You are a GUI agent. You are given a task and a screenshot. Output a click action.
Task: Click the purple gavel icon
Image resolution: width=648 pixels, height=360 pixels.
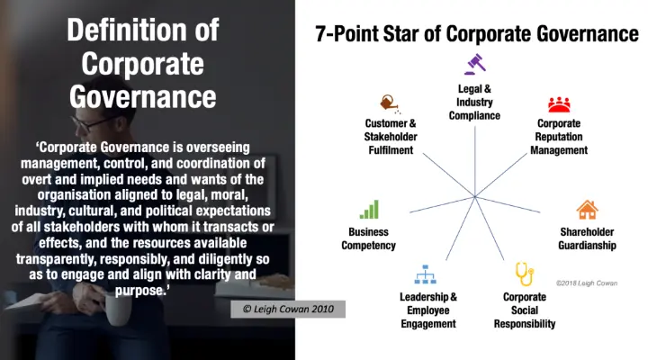tap(475, 64)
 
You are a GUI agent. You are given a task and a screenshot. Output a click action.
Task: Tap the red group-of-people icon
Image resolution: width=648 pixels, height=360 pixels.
tap(559, 104)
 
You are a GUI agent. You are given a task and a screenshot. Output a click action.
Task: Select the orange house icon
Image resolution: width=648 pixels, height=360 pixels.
tap(587, 210)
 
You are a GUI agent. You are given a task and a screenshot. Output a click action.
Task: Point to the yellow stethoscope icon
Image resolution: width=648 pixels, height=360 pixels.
tap(525, 274)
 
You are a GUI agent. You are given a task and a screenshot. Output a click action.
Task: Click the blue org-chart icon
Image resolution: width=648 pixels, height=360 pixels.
tap(425, 274)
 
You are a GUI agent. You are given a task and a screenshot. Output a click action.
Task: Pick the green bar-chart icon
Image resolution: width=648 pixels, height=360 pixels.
tap(369, 209)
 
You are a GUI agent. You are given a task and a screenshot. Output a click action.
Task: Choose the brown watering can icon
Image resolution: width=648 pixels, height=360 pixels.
tap(390, 104)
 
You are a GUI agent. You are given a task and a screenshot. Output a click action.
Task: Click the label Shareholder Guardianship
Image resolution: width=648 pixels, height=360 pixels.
tap(587, 238)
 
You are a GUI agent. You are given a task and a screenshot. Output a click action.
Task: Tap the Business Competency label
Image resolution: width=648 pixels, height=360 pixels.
tap(369, 238)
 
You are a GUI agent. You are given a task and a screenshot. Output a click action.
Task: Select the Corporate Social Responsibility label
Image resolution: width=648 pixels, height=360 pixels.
tap(525, 310)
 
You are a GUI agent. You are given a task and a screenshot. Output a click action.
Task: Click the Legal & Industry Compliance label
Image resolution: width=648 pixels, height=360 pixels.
tap(474, 102)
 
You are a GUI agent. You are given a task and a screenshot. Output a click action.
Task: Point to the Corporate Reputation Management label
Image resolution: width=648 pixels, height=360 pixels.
tap(559, 137)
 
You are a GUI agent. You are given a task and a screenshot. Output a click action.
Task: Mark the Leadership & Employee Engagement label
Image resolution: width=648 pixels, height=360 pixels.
tap(428, 310)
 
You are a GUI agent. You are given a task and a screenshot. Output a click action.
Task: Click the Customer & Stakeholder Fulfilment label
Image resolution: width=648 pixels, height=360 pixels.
tap(391, 137)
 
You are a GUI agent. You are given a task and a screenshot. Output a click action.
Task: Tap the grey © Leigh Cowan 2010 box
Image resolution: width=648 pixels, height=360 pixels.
tap(288, 310)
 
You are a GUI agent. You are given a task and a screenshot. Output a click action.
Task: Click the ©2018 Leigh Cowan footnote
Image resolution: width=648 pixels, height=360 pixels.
tap(587, 283)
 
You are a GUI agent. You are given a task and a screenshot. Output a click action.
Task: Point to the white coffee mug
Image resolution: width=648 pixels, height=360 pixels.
tap(118, 309)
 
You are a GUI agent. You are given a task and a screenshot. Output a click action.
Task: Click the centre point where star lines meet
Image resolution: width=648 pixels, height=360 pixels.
tap(475, 197)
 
